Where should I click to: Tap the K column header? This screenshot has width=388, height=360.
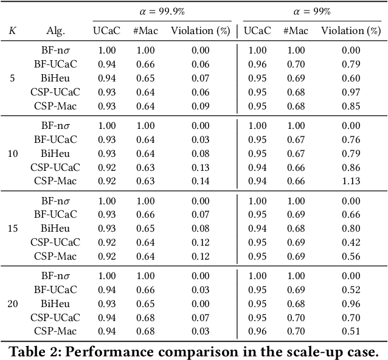coord(12,30)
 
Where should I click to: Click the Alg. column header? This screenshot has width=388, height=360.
coord(55,30)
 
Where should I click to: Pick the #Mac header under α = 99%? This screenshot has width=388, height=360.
coord(296,30)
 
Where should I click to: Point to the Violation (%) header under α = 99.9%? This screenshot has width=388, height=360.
coord(199,30)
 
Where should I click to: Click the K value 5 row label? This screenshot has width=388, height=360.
coord(12,78)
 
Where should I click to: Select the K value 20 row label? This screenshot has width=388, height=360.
coord(12,303)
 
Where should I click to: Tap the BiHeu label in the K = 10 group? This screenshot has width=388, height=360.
coord(55,153)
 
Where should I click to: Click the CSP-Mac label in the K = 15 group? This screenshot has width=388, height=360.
coord(55,256)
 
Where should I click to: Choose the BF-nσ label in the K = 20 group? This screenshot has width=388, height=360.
coord(55,276)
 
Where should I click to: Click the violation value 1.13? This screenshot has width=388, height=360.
coord(350,181)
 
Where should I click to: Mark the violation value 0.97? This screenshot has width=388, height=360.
coord(350,92)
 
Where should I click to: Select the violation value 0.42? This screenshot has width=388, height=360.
coord(350,242)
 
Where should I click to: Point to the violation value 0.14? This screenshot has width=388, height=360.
coord(199,181)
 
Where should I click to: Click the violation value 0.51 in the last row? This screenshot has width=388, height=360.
coord(350,331)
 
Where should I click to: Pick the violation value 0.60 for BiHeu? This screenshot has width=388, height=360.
coord(350,78)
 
